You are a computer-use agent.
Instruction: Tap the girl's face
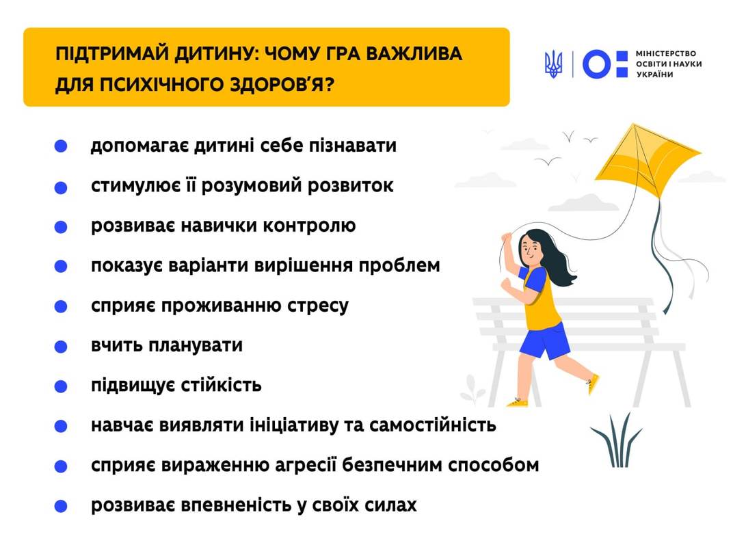[530, 250]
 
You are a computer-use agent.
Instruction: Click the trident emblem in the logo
[553, 64]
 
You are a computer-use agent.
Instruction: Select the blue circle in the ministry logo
[596, 64]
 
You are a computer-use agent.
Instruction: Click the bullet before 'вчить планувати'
[61, 347]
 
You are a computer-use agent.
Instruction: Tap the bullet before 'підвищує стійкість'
[61, 386]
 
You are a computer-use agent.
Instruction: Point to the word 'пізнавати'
[352, 146]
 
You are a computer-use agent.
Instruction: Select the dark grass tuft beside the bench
[616, 440]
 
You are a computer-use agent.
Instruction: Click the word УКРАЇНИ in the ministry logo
[654, 75]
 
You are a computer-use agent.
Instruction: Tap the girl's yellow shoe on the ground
[517, 402]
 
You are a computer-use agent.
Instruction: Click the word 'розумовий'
[250, 186]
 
